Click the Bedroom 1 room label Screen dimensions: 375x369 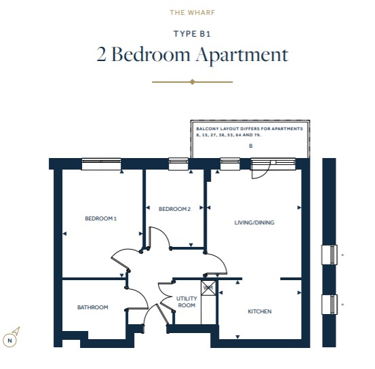point(100,218)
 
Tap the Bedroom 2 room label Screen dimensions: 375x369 point(174,209)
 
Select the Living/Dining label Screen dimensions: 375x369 point(254,222)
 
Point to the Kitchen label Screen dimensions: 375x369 point(260,311)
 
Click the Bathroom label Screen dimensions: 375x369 point(93,307)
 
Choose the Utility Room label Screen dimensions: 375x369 point(186,302)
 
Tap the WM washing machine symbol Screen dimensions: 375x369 point(208,288)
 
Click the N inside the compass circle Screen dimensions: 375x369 point(9,341)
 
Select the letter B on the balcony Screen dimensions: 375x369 point(251,146)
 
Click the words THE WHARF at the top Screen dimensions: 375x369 point(193,12)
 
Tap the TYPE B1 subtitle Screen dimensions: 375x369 point(192,34)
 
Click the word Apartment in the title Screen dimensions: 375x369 point(242,55)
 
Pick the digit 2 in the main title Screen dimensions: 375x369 point(101,54)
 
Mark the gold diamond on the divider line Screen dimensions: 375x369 point(193,82)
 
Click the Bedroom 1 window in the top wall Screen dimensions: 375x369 point(101,163)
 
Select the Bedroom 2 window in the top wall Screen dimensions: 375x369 point(178,163)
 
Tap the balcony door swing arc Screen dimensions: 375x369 point(264,174)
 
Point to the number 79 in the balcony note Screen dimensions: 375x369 point(257,135)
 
